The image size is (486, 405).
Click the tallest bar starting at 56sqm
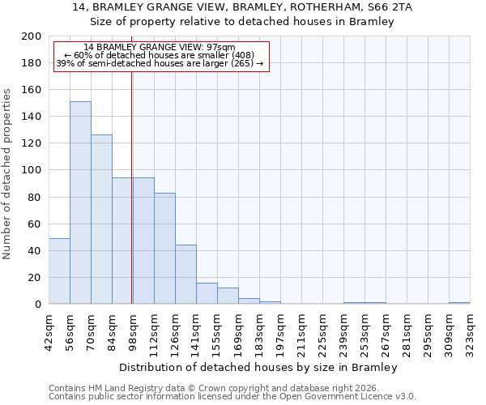click(80, 202)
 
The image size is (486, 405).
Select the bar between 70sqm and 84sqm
click(101, 219)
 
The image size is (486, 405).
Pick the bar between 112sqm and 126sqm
click(164, 248)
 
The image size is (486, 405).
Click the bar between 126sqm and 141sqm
click(185, 274)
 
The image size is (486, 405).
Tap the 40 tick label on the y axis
click(35, 251)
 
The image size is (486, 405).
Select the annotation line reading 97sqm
click(160, 47)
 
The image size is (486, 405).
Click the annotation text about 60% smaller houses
click(160, 55)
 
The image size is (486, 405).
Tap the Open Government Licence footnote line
click(232, 396)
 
